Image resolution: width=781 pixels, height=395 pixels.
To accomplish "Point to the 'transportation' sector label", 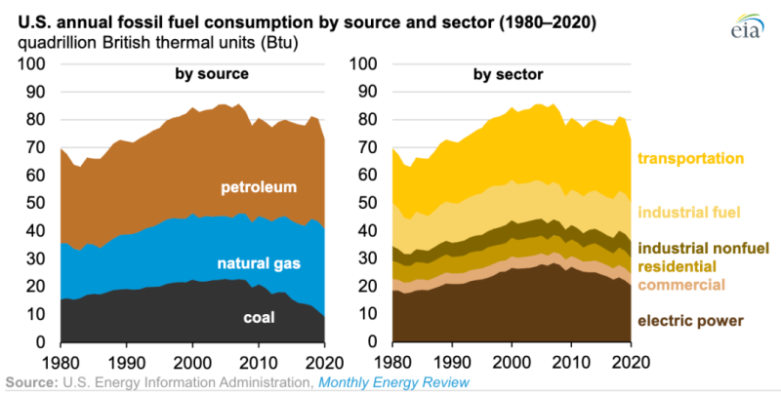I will pyautogui.click(x=691, y=158).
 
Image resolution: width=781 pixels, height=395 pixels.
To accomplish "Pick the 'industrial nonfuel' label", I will pyautogui.click(x=698, y=248).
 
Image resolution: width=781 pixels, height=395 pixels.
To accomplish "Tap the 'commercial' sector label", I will pyautogui.click(x=681, y=285).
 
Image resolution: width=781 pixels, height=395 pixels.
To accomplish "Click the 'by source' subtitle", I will pyautogui.click(x=212, y=73).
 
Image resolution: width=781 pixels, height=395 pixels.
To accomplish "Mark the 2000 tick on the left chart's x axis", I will pyautogui.click(x=193, y=358).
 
